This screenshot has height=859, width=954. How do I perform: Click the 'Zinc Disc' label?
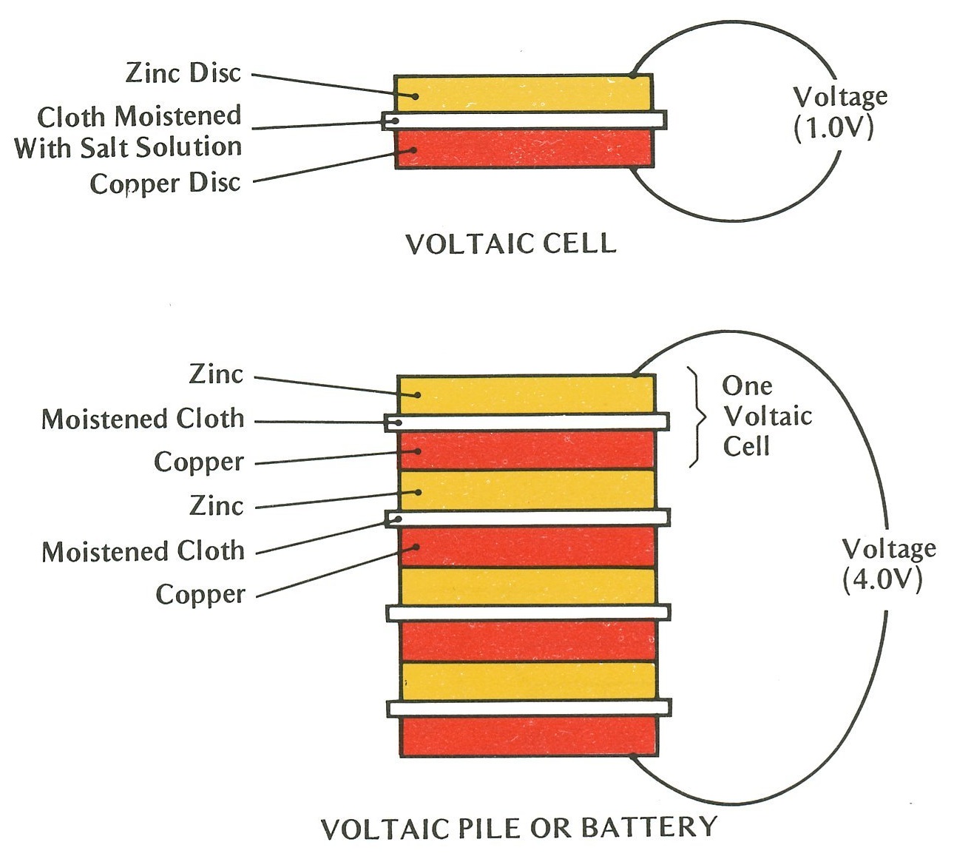tap(183, 73)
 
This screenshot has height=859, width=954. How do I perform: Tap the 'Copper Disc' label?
tap(166, 183)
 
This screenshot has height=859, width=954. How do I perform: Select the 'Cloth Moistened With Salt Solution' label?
tap(129, 132)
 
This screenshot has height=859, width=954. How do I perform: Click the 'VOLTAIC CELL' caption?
tap(510, 244)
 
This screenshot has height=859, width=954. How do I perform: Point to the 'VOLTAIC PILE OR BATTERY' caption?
tap(518, 827)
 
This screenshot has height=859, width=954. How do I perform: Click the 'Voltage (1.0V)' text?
tap(839, 112)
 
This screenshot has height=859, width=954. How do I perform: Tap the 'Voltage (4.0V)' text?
tap(888, 564)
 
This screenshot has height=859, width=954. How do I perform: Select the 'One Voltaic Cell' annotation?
tap(766, 416)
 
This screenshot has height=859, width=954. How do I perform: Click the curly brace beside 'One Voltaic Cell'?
tap(696, 417)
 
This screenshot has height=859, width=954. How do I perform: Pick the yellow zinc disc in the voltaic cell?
tap(524, 93)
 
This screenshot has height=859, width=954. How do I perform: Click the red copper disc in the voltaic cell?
tap(524, 149)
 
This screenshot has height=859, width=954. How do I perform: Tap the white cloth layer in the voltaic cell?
tap(524, 120)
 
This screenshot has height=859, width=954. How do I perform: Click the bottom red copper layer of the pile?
tap(528, 736)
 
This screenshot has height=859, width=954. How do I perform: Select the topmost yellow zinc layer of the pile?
tap(527, 394)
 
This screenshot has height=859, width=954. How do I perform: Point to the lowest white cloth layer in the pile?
tap(528, 708)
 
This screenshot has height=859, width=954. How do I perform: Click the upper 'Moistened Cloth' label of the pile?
tap(143, 420)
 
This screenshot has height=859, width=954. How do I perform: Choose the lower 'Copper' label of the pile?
tap(200, 594)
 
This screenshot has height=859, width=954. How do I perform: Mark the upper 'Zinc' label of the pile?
tap(216, 374)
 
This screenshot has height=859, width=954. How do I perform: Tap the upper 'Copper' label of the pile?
tap(198, 462)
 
